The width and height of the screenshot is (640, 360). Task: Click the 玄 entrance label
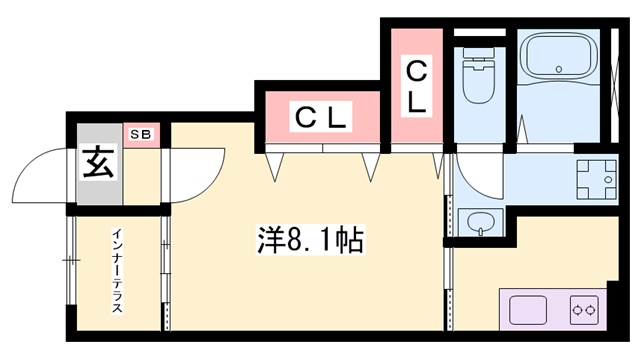tap(97, 162)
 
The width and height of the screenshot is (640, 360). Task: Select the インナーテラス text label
tap(117, 272)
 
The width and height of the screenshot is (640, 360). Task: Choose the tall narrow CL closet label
tap(415, 86)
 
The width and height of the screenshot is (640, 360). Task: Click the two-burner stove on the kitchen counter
tap(584, 311)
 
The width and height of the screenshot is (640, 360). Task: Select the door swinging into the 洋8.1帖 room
tap(192, 174)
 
